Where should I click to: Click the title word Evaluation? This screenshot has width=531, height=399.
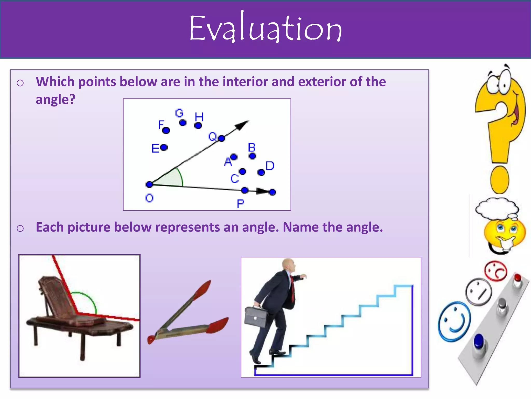click(265, 29)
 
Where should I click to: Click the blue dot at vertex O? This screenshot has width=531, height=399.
click(149, 184)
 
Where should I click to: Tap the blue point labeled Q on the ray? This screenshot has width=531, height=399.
click(221, 138)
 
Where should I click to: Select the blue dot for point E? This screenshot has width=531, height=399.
click(164, 147)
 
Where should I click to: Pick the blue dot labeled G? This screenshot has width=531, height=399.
click(183, 123)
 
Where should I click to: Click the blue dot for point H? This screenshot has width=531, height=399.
click(198, 126)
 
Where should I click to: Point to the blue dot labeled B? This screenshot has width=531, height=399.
click(252, 156)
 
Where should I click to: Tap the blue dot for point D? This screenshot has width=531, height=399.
click(261, 172)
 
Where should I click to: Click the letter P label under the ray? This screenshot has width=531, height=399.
click(240, 204)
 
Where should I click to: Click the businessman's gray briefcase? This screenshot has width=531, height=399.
click(256, 317)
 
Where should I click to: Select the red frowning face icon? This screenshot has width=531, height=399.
click(495, 271)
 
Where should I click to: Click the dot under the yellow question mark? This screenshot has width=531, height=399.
click(500, 180)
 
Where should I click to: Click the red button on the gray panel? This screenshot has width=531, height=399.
click(517, 278)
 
